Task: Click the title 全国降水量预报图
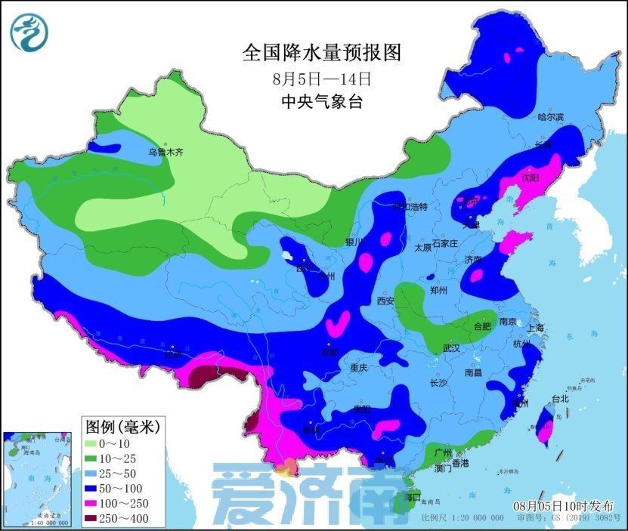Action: click(320, 53)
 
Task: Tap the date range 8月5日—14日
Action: click(321, 78)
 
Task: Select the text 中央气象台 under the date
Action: click(321, 101)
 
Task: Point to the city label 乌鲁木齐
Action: click(166, 152)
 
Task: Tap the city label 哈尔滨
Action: click(551, 117)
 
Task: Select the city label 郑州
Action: click(438, 290)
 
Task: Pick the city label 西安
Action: click(385, 301)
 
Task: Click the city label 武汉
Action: click(451, 348)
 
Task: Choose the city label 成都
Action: click(329, 351)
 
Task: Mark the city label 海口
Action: click(412, 499)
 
